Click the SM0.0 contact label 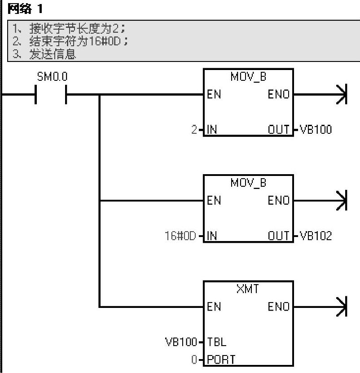click(x=52, y=77)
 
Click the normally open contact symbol click(x=51, y=95)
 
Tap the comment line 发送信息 click(x=53, y=55)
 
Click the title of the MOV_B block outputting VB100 click(x=248, y=77)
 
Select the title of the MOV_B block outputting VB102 click(x=248, y=183)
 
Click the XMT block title click(x=248, y=290)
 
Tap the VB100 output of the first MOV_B click(x=316, y=130)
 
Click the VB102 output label click(x=316, y=236)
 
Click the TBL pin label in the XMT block click(x=216, y=342)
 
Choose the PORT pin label click(x=220, y=360)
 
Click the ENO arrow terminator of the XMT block click(x=342, y=307)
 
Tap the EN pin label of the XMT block click(x=214, y=307)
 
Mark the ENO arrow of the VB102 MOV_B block click(x=342, y=201)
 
